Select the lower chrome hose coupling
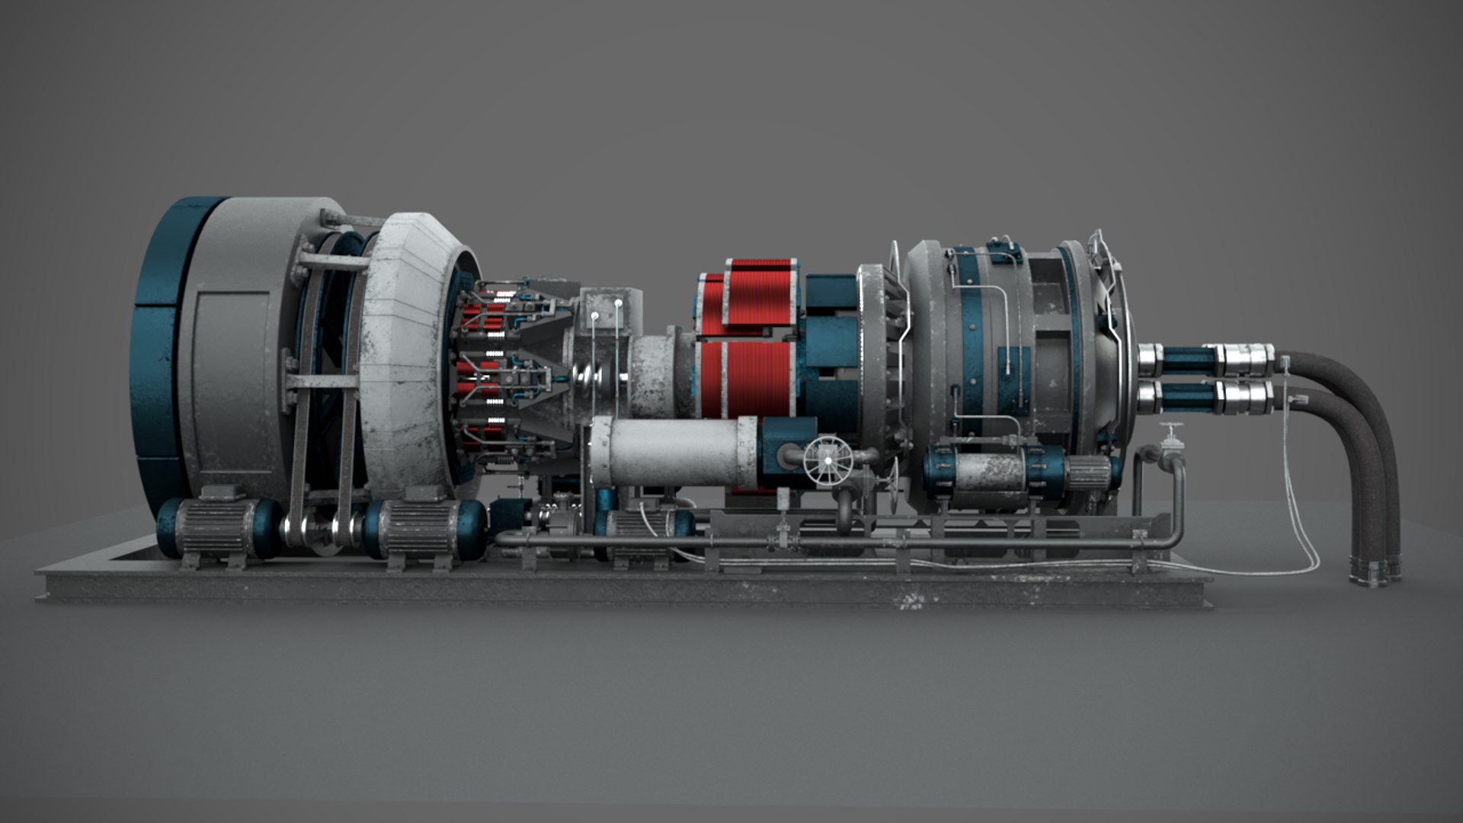[1246, 395]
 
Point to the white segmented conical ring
[408, 351]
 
